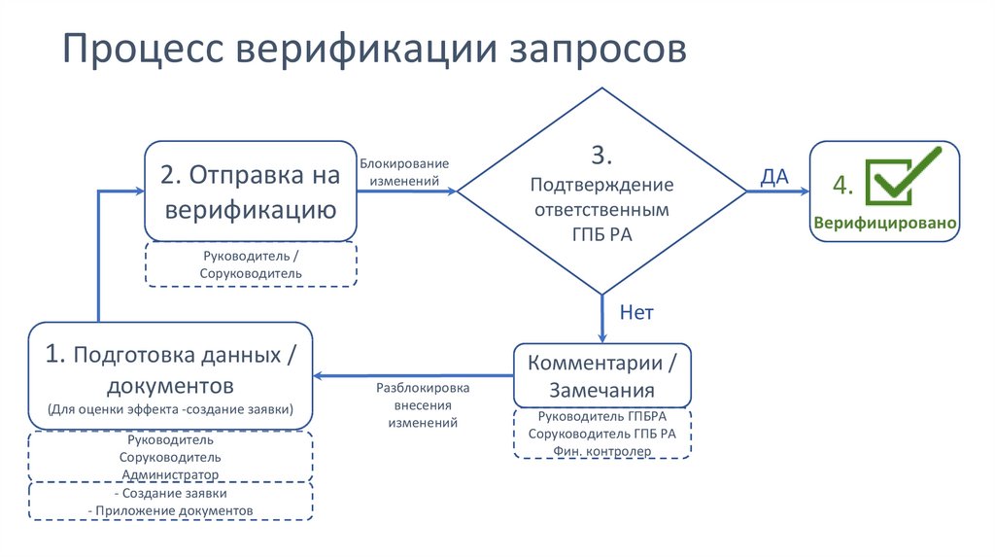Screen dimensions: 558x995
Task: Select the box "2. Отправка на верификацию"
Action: [x=251, y=192]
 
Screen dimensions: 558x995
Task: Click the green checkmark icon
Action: [x=903, y=175]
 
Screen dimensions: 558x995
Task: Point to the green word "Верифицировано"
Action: [x=885, y=223]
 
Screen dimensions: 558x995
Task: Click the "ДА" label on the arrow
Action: [x=773, y=176]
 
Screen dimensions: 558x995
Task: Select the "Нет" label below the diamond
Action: [x=636, y=313]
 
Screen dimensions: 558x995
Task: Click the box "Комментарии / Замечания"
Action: [x=602, y=376]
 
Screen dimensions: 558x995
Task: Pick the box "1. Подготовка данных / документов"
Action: [x=170, y=374]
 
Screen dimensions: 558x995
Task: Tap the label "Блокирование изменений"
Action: [x=404, y=172]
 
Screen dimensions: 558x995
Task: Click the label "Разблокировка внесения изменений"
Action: [x=423, y=405]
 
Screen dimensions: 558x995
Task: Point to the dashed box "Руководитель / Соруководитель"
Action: [x=251, y=264]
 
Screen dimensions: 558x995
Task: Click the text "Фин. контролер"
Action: [x=602, y=451]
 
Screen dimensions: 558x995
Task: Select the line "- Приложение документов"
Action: [x=170, y=510]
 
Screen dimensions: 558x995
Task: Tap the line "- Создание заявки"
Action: [x=170, y=494]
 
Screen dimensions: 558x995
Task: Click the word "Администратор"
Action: [x=170, y=473]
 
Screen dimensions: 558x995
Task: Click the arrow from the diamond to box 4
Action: [x=777, y=192]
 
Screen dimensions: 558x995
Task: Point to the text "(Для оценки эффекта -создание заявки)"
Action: [x=170, y=408]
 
